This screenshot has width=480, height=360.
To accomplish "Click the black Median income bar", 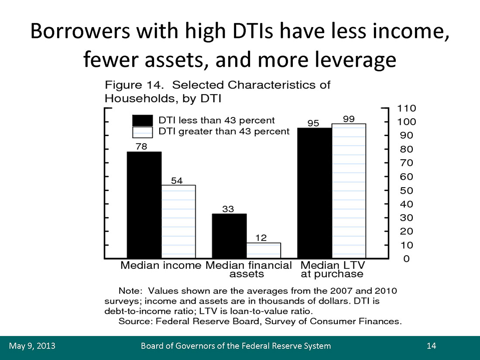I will pos(144,205).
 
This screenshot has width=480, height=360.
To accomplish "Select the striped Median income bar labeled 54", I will pos(178,222).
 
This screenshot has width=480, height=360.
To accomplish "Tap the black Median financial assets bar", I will pos(229,236).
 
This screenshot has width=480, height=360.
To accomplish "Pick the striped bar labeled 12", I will pos(264,250).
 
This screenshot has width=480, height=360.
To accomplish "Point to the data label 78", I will pos(141,147).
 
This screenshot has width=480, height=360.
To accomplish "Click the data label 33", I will pos(228,209).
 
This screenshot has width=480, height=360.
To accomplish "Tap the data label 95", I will pos(313,123).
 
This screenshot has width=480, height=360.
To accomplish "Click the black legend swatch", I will pos(142,120).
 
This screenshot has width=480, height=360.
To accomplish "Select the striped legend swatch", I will pos(142,131).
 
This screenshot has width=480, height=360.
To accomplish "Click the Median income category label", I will pos(161,265).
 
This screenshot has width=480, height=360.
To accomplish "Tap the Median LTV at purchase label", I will pos(332,270).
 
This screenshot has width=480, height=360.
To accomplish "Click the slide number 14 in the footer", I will pos(432,346).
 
